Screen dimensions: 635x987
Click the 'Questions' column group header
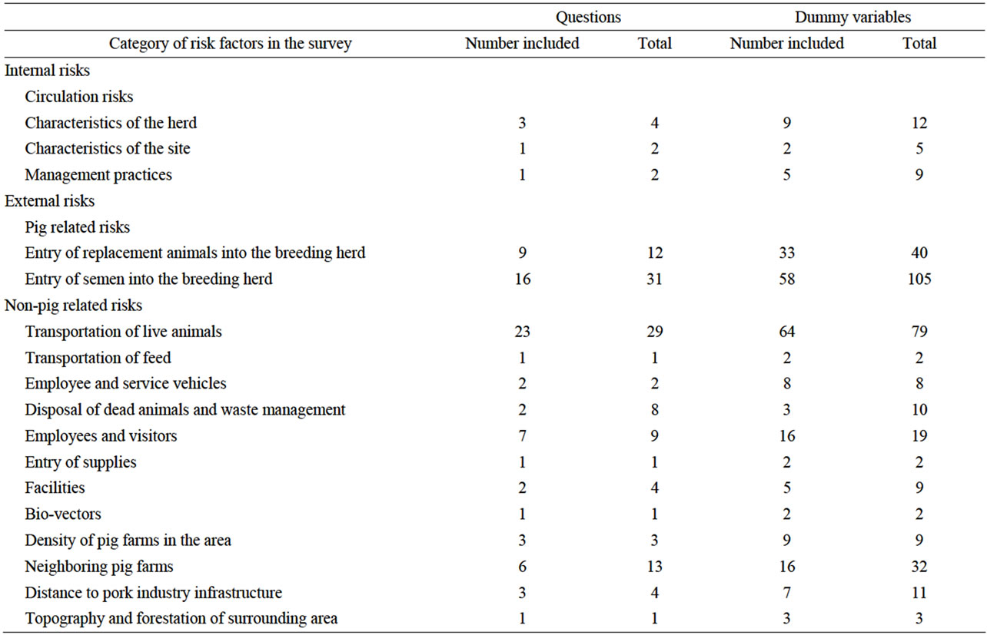pos(589,17)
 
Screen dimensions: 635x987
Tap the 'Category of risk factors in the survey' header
pos(230,44)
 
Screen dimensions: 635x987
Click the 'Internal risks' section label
pos(47,71)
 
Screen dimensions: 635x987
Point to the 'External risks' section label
pos(49,201)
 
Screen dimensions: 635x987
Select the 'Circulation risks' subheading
pos(78,97)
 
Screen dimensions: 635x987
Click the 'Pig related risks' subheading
pos(77,227)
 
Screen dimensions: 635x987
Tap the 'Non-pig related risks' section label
pos(73,306)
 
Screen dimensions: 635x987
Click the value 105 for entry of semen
pos(919,279)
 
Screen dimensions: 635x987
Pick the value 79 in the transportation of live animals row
pos(919,332)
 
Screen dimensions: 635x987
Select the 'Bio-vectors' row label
pos(63,514)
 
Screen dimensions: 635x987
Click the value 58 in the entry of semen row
pos(786,279)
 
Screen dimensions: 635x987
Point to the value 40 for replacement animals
pos(919,253)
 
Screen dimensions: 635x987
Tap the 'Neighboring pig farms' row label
pos(99,567)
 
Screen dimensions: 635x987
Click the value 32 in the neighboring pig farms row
pos(919,567)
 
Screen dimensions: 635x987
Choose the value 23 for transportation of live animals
pos(522,332)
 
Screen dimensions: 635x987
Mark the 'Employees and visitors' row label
pos(101,436)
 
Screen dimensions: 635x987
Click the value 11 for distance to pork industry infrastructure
pos(919,593)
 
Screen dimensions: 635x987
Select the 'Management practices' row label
pos(98,175)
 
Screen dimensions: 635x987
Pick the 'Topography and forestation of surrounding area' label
pos(181,619)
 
